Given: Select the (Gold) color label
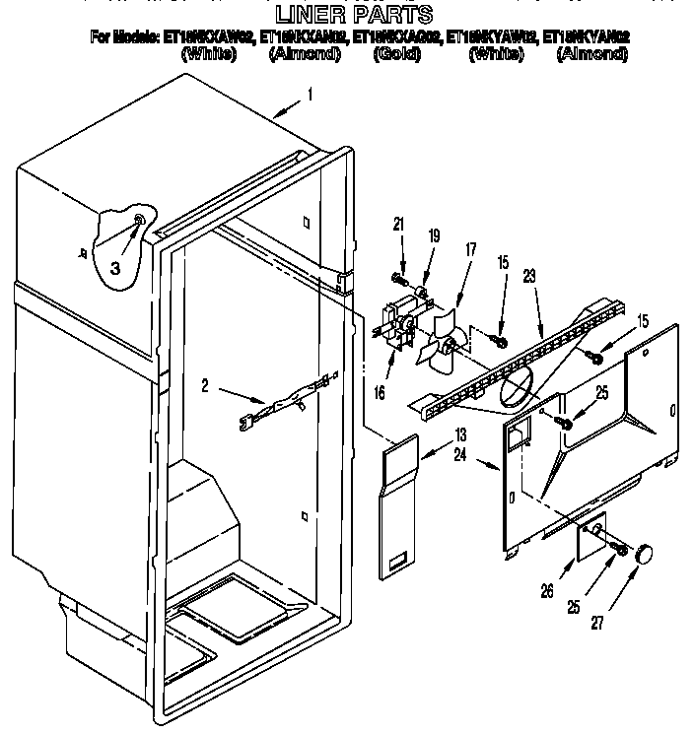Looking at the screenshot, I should [x=397, y=55].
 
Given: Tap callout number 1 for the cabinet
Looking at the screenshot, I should [x=310, y=96].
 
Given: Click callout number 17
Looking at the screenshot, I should [x=469, y=250].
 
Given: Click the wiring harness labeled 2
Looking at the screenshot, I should [x=291, y=403].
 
